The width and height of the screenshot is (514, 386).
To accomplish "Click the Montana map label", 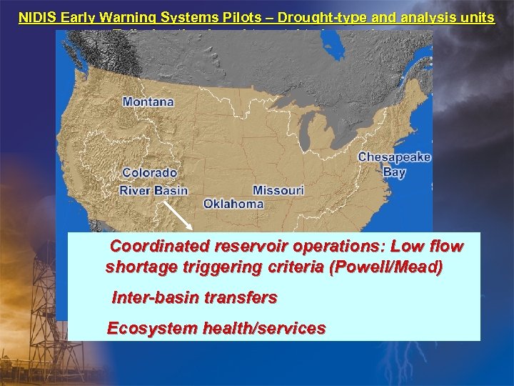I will tap(148, 102).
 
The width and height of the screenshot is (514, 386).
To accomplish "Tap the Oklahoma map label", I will tap(233, 204).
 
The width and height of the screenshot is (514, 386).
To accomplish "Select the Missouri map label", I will tap(278, 190).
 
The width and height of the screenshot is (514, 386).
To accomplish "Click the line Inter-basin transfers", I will tap(194, 297).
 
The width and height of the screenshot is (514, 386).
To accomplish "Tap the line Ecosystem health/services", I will tap(216, 329).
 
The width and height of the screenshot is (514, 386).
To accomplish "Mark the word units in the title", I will tap(475, 17).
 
